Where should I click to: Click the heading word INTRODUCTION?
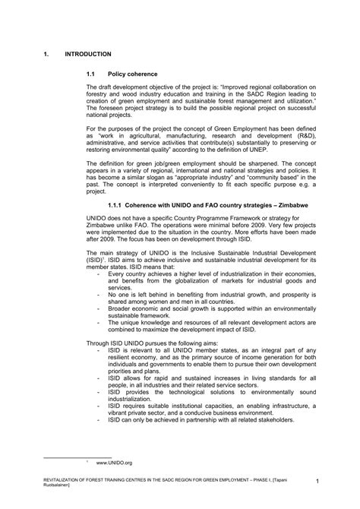pyautogui.click(x=89, y=55)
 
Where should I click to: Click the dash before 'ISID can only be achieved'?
pyautogui.click(x=97, y=418)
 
